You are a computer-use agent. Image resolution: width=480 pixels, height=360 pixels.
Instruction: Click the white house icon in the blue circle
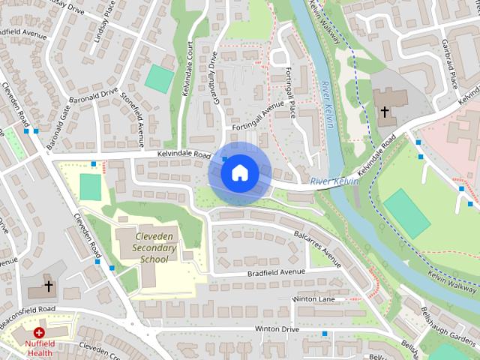(239, 172)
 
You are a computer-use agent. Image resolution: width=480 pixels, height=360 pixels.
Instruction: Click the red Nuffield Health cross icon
(38, 332)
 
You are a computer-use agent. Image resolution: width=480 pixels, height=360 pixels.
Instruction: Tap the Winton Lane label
(314, 298)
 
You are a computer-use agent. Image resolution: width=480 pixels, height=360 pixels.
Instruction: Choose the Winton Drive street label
(277, 329)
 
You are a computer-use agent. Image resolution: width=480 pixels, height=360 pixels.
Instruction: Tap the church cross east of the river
(384, 112)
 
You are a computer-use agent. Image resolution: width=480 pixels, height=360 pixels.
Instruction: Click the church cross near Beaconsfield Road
(49, 286)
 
